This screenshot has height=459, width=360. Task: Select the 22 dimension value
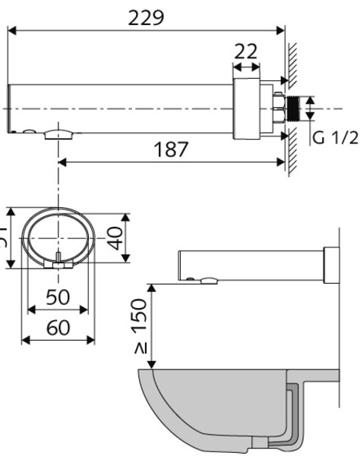click(x=245, y=52)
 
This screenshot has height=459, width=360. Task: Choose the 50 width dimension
click(x=57, y=297)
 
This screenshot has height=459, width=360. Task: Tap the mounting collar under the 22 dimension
click(x=248, y=108)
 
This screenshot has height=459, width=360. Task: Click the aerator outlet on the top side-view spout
click(x=60, y=135)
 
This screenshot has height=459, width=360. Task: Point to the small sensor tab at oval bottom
click(x=58, y=263)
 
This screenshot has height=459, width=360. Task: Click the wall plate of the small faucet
click(x=330, y=264)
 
